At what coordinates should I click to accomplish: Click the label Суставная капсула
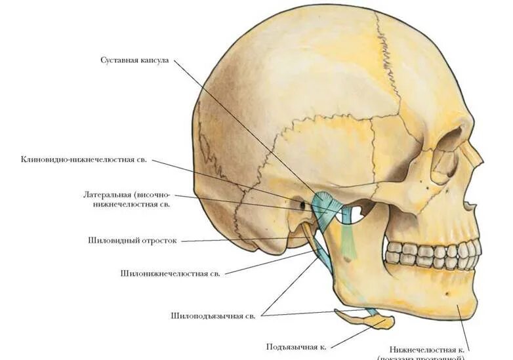coord(134,60)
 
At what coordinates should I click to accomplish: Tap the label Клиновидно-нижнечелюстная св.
coord(83,159)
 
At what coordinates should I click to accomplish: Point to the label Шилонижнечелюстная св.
coord(170,273)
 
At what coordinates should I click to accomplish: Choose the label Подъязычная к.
coord(296,346)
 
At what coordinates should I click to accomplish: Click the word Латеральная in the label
coord(107,195)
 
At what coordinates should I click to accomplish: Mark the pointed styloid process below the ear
coord(308,234)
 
